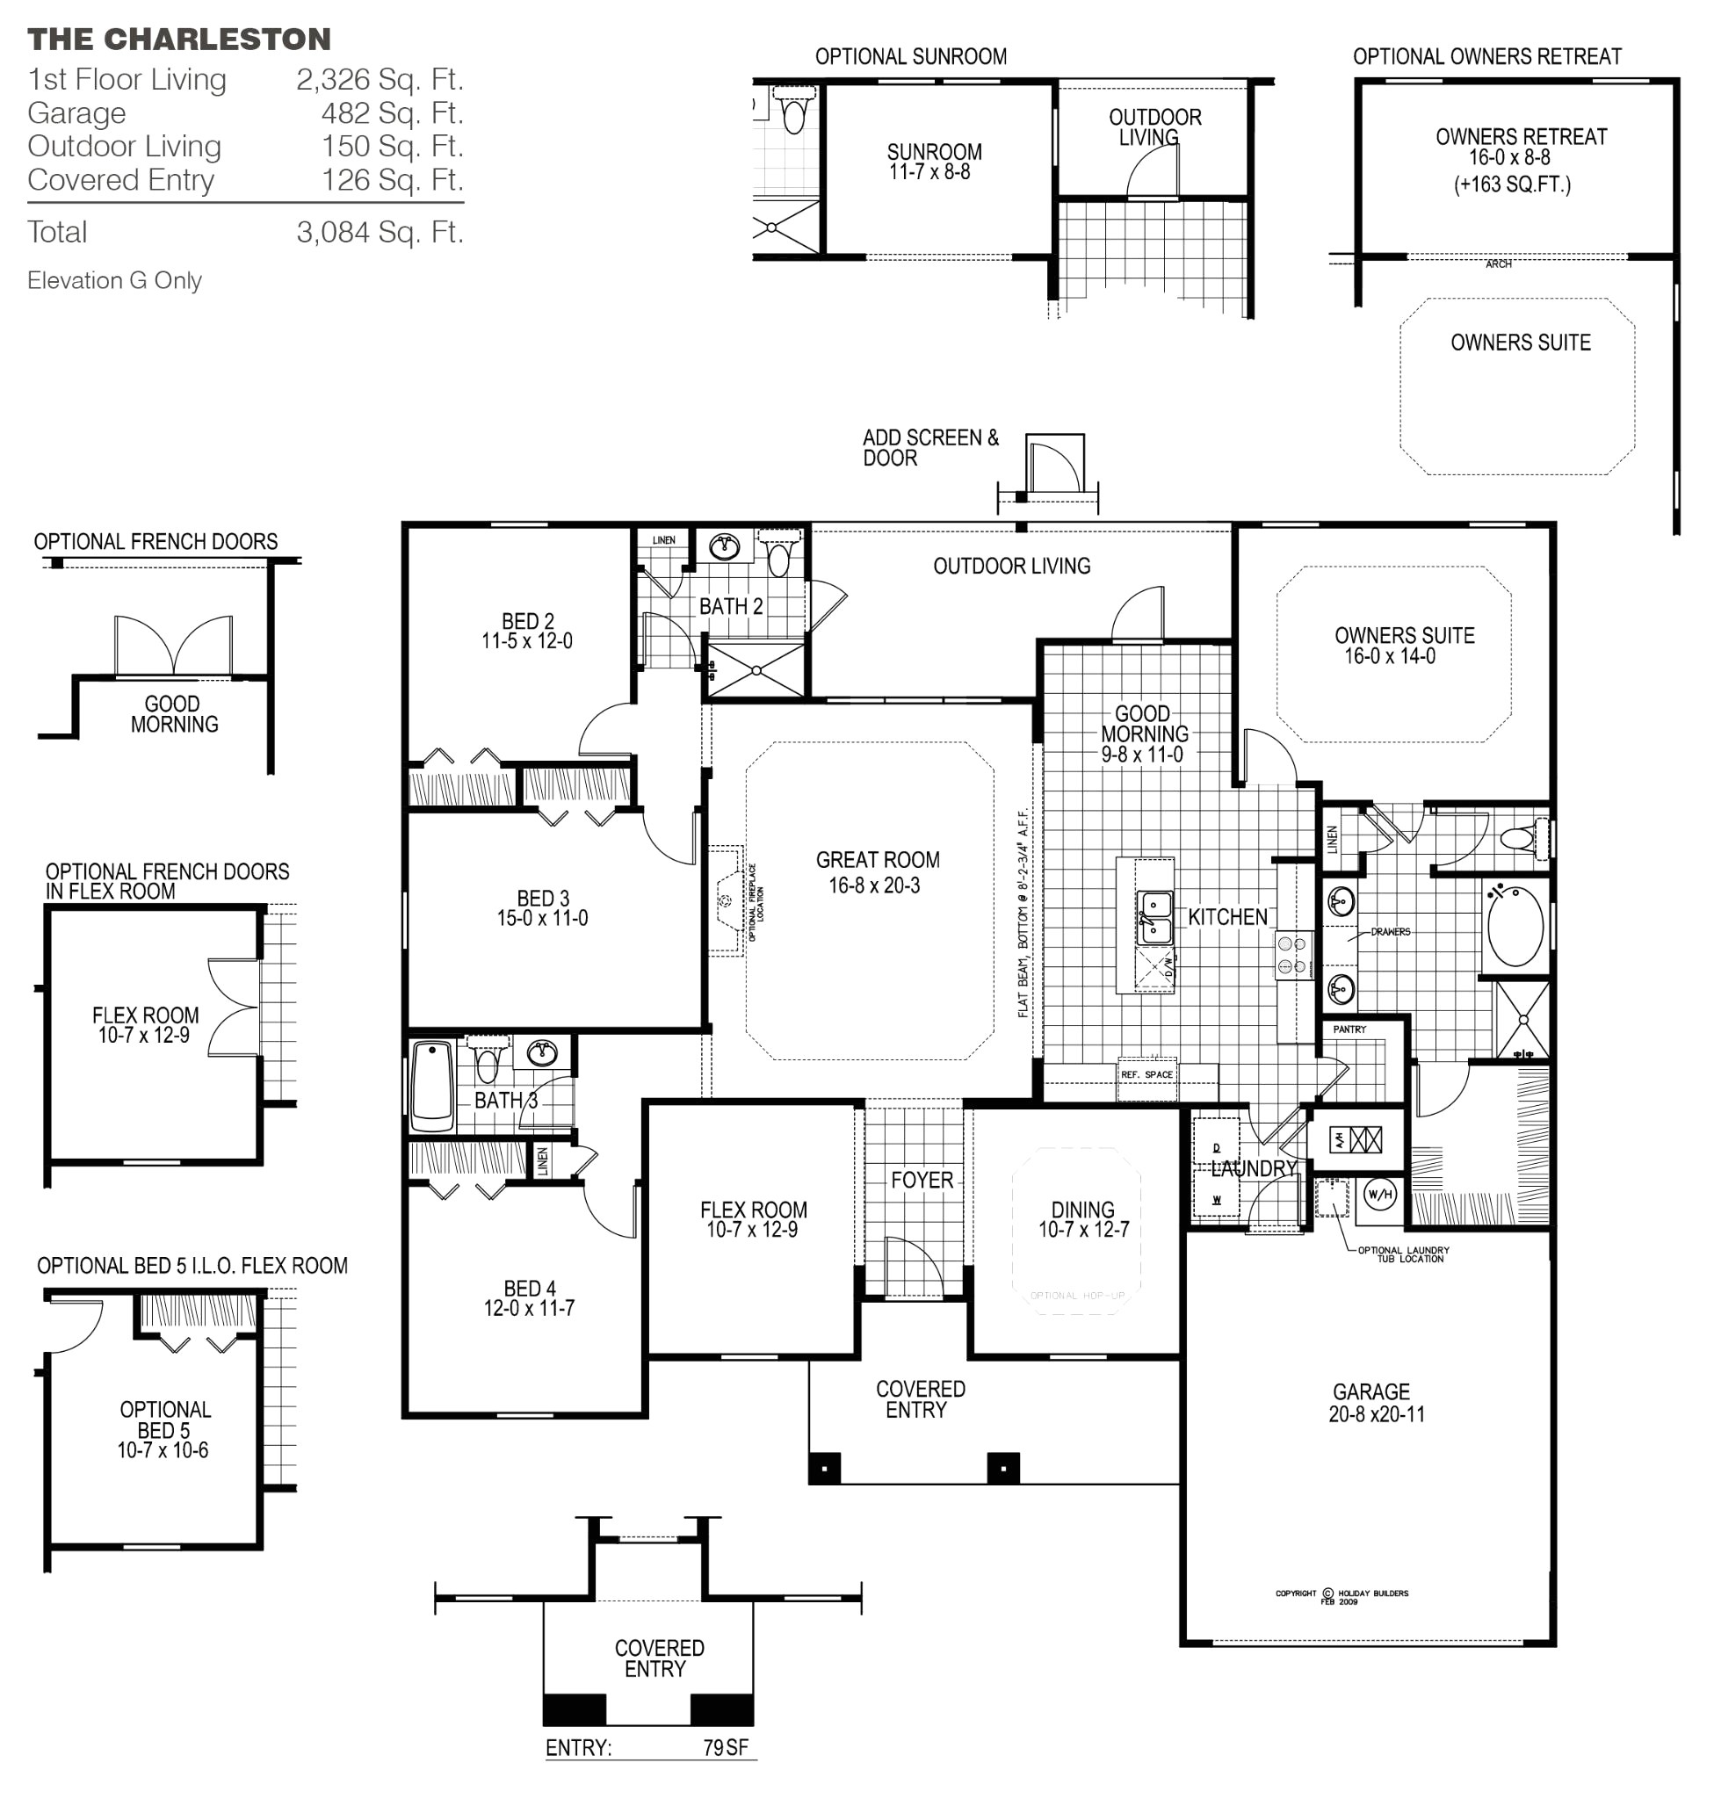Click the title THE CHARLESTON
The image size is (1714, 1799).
click(x=179, y=40)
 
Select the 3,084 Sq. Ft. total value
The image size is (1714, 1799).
click(x=380, y=232)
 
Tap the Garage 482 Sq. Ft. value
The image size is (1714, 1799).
click(x=392, y=113)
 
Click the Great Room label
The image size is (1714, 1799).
click(x=877, y=860)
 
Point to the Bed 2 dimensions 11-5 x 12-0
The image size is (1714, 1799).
click(x=527, y=641)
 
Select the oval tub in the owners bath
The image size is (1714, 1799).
click(x=1515, y=926)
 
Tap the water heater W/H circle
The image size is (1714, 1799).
click(x=1378, y=1194)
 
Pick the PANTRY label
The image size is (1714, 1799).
click(x=1349, y=1030)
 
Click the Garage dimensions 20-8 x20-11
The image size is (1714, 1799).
click(x=1376, y=1414)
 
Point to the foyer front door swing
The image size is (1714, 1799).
click(x=914, y=1266)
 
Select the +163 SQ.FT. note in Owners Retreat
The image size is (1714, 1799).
click(x=1512, y=184)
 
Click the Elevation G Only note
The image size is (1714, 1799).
click(x=114, y=280)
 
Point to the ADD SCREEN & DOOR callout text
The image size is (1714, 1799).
click(x=929, y=448)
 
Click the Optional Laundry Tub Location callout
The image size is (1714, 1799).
click(x=1403, y=1254)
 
